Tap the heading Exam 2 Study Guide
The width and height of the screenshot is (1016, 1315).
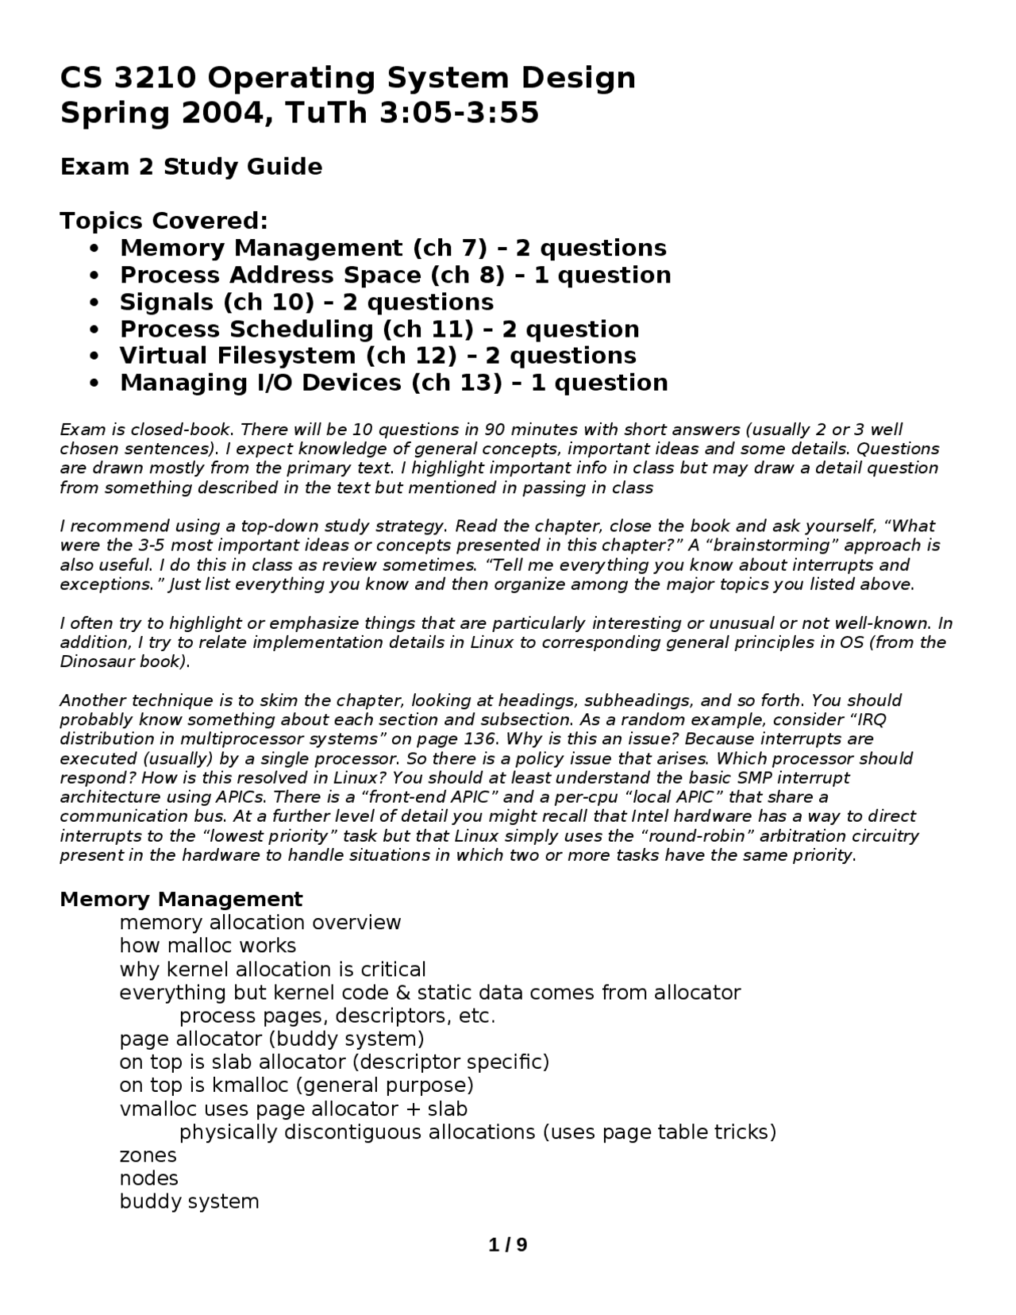(x=191, y=167)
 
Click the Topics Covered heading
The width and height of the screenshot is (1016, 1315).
(x=164, y=220)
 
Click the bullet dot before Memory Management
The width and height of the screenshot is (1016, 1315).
(x=95, y=249)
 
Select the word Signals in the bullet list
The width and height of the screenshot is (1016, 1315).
(x=167, y=303)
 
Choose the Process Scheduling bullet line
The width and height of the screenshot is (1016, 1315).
(x=379, y=330)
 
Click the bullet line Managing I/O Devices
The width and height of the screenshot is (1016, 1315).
(x=393, y=383)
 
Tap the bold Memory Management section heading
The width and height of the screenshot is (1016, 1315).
(x=181, y=900)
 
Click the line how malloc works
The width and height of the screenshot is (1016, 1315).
(x=207, y=946)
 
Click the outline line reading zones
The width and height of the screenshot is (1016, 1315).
(x=148, y=1155)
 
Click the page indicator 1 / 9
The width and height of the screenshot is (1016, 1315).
(x=507, y=1244)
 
